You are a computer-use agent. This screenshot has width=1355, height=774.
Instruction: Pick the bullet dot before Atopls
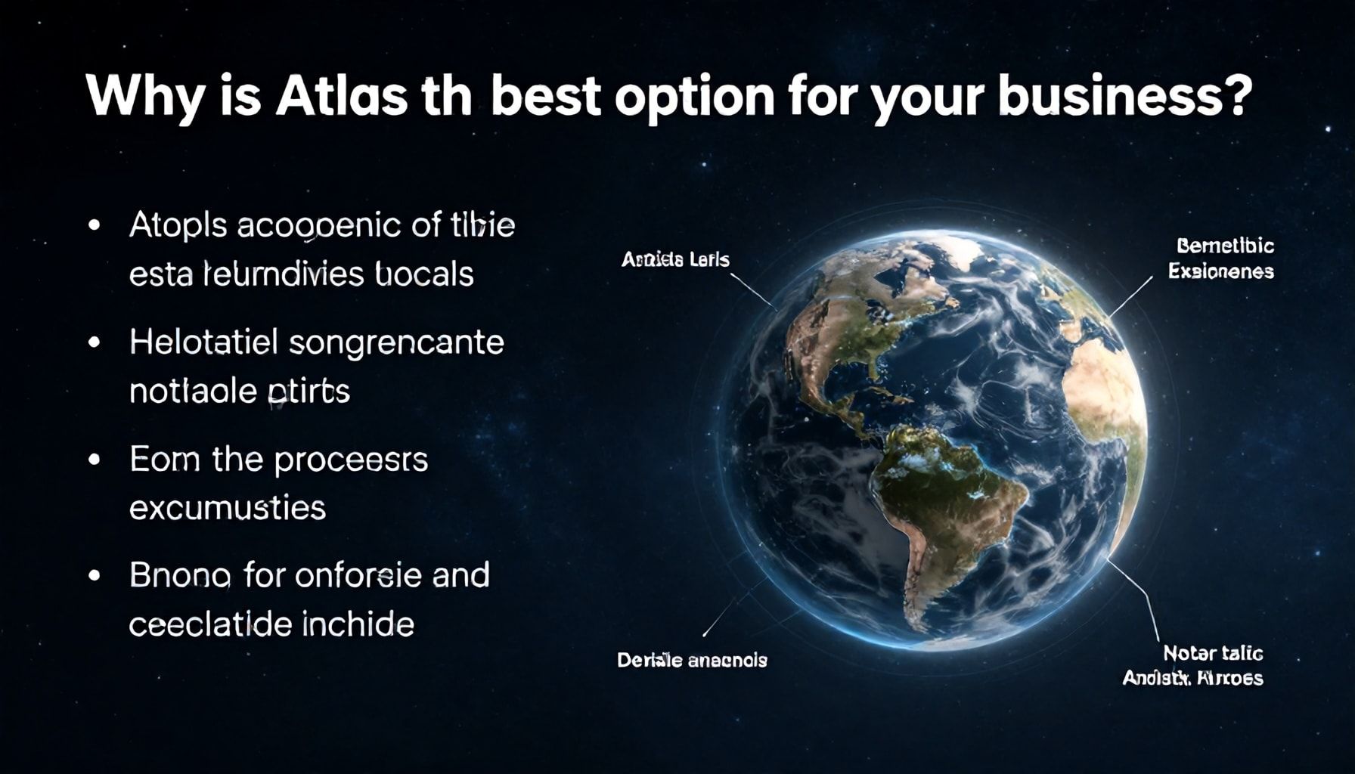click(95, 225)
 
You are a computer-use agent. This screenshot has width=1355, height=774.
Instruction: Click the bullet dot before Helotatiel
click(95, 342)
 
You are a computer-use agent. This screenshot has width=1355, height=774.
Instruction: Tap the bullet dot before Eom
click(95, 459)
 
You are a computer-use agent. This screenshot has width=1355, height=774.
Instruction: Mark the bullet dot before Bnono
click(95, 575)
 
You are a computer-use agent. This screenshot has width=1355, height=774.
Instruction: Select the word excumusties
click(227, 508)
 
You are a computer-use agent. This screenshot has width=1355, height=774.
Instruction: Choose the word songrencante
click(396, 343)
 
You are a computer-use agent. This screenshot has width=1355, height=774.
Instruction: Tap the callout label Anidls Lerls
click(675, 260)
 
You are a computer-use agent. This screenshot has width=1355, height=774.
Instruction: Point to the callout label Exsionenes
click(1220, 271)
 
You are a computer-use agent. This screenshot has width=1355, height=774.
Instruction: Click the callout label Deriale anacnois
click(692, 661)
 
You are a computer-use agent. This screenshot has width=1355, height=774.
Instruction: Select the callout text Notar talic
click(1213, 653)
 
